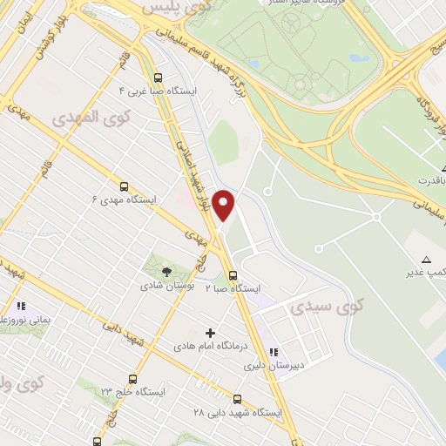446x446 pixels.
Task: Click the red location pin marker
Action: coord(225,205)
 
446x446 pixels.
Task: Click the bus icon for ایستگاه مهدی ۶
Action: coord(124,186)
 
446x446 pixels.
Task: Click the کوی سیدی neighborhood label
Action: coord(315,307)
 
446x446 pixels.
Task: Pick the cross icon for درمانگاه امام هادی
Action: coord(209,332)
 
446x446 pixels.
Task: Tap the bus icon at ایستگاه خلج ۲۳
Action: coord(132,379)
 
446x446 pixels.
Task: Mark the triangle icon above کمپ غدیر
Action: coord(426,260)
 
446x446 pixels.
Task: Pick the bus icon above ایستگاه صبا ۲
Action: coord(231,274)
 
